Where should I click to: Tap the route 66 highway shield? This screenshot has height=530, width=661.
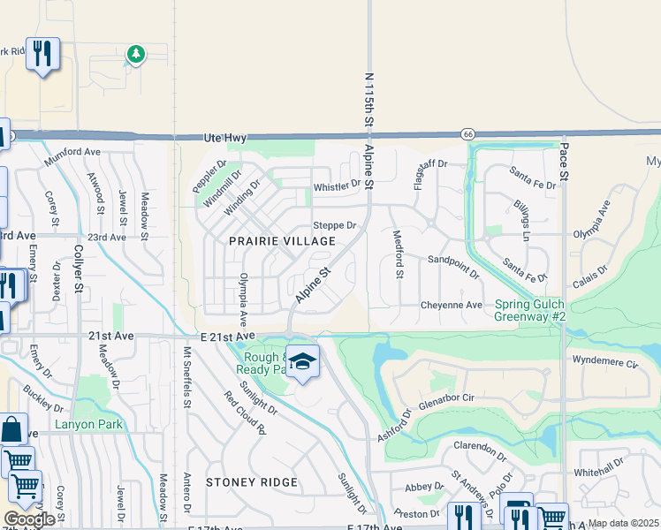tap(467, 132)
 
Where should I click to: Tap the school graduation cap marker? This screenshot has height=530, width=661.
tap(303, 361)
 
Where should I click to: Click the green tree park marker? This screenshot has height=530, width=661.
tap(135, 56)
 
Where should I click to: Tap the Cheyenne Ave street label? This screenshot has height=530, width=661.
tap(451, 306)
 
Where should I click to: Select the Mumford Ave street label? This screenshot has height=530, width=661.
tap(72, 152)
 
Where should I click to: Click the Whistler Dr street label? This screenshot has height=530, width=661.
tap(338, 186)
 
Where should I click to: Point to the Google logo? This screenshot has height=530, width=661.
tap(28, 519)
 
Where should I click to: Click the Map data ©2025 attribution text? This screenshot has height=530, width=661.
tap(622, 523)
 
